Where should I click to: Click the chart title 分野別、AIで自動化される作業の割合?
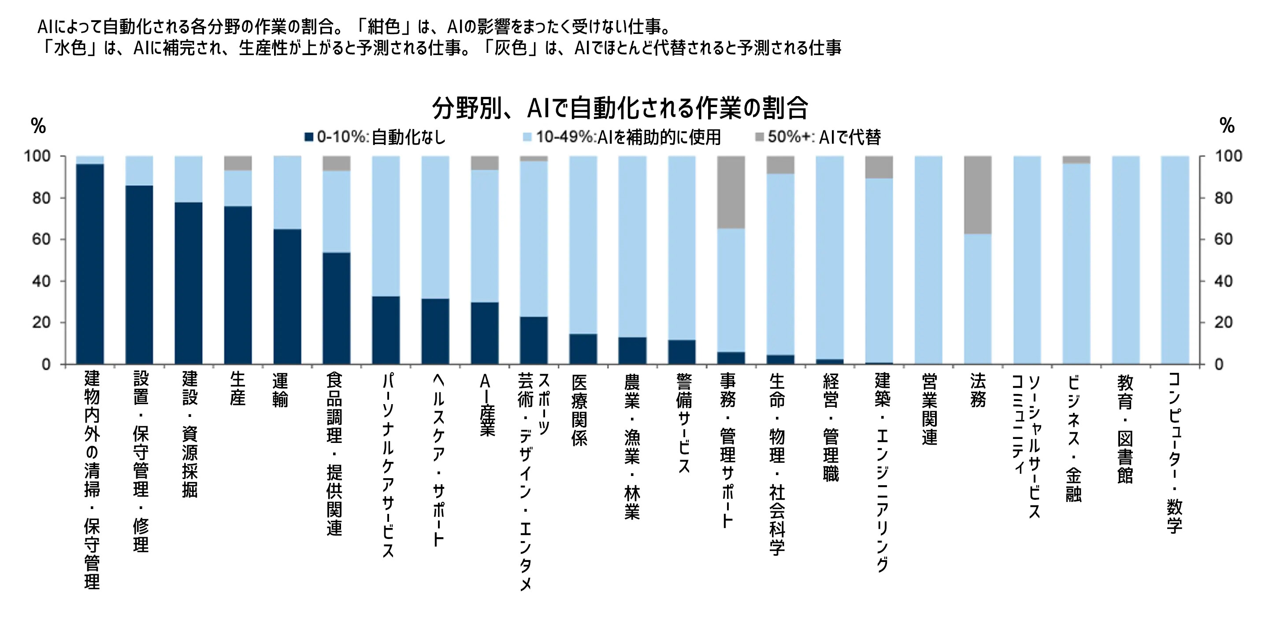coord(620,108)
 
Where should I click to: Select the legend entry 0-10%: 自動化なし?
coord(375,137)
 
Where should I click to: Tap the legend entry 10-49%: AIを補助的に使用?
coord(622,137)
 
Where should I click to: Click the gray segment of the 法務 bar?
coord(977,195)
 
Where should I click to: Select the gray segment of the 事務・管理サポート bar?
coord(731,192)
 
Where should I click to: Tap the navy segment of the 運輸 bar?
coord(287,297)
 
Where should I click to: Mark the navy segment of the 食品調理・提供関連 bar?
coord(337,308)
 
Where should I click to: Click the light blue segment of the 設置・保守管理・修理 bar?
coord(139,171)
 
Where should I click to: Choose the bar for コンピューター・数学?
coord(1175,260)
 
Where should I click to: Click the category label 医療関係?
coord(579,410)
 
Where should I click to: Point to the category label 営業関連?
coord(929,409)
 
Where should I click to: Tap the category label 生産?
coord(237,389)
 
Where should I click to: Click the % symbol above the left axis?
coord(38,126)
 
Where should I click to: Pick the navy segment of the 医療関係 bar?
coord(583,349)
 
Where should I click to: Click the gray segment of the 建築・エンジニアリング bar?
coord(879,167)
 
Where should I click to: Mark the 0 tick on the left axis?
coord(46,364)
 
